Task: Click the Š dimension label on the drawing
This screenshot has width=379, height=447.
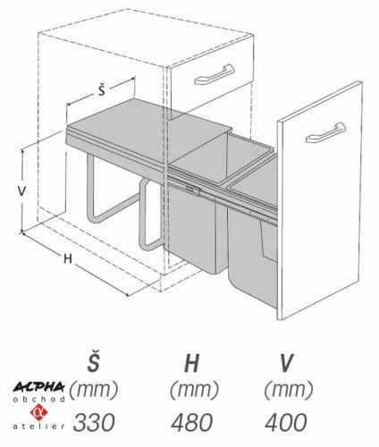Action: [102, 90]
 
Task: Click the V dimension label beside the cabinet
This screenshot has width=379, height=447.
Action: [21, 191]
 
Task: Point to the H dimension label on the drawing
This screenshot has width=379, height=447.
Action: [68, 258]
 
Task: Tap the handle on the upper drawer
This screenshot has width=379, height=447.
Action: [214, 75]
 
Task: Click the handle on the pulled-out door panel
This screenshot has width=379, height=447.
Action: [325, 132]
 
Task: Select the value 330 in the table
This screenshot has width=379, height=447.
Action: [94, 422]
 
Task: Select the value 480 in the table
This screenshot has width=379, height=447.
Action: [192, 422]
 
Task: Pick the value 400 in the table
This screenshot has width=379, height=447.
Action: [285, 422]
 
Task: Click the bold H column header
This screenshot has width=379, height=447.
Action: [191, 364]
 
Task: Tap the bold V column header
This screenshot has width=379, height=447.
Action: [286, 364]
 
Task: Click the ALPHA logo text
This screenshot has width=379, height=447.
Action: [38, 387]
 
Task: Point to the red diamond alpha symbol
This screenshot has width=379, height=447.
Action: [38, 412]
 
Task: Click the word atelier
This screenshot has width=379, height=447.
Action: [38, 426]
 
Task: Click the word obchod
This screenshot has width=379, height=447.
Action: [38, 400]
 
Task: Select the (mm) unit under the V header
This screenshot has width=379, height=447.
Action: [289, 390]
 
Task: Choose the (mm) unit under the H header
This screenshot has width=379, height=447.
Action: [194, 390]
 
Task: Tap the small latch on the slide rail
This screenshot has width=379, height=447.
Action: [192, 190]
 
